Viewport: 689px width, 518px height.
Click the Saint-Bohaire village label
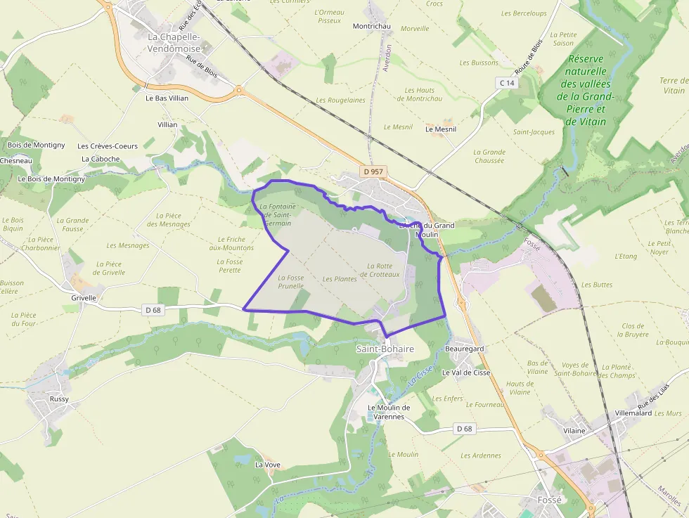385,349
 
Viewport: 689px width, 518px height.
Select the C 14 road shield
507,83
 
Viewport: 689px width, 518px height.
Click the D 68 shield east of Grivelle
153,310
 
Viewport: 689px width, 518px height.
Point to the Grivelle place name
84,297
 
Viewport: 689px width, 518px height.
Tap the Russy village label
59,399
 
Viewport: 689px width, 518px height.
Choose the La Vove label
267,465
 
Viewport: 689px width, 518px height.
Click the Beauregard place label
465,349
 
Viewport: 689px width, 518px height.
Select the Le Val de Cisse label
466,373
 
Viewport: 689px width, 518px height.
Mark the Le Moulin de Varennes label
389,412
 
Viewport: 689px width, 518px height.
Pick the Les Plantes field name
340,279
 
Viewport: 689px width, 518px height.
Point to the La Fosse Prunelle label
291,282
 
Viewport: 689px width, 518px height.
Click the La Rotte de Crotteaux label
383,270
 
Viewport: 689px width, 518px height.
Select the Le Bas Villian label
167,98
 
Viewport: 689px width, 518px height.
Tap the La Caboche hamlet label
101,159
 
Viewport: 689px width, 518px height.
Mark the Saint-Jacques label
534,132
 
